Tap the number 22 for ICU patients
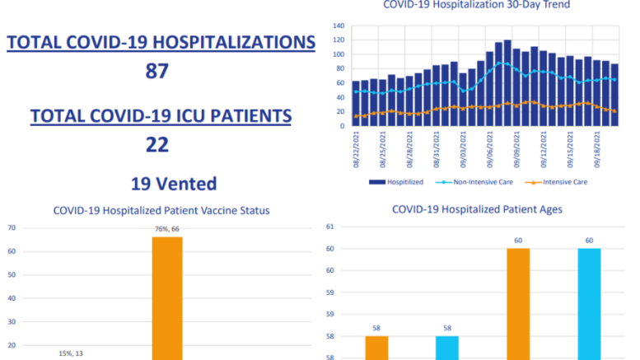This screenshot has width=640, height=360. point(156,144)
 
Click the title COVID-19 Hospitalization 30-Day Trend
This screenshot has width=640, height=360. point(476,5)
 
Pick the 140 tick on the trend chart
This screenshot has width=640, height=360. point(339,26)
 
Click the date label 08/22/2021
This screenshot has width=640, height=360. point(357,150)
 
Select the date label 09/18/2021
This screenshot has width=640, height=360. point(607,150)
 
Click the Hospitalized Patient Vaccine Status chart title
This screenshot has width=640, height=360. point(161,210)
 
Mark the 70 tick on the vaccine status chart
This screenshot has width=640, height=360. point(12,228)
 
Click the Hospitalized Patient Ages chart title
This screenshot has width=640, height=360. point(478,209)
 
